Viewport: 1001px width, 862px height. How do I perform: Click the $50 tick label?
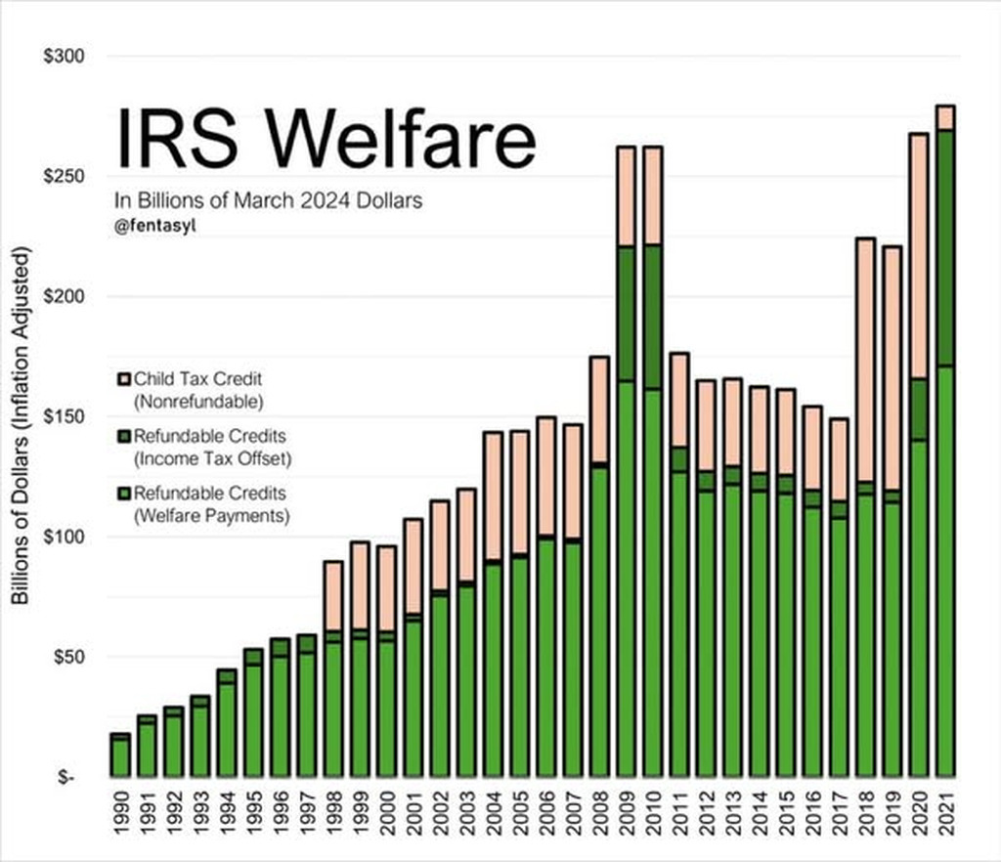(x=68, y=656)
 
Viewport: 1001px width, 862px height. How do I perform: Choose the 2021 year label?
(x=945, y=819)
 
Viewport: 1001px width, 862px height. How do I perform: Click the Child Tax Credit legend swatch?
(x=123, y=378)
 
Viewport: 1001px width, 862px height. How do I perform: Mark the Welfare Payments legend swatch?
(x=123, y=494)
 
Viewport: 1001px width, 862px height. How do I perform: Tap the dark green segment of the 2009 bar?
(x=626, y=313)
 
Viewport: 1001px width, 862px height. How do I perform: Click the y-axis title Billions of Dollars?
(x=22, y=425)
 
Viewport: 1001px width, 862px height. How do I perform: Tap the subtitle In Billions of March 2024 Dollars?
(x=269, y=200)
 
